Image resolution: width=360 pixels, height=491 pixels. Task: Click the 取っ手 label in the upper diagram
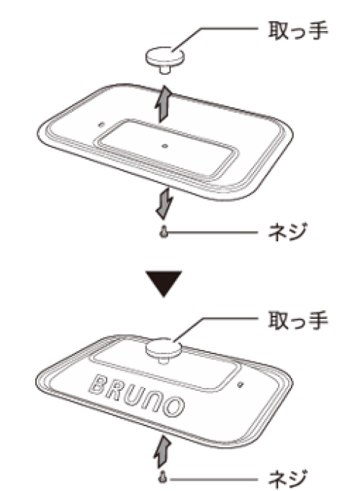coord(298,30)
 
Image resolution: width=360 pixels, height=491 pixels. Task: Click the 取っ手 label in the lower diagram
coord(298,320)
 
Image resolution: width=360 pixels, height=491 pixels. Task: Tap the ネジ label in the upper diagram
coord(288,232)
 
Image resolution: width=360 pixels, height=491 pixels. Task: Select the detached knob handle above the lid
coord(165,60)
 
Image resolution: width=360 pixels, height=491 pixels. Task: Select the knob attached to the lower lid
coord(163,350)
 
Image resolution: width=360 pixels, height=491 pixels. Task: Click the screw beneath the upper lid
coord(163,233)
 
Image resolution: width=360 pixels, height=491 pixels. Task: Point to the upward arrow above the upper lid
coord(163,104)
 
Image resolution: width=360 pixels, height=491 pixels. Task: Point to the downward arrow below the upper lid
coord(164,202)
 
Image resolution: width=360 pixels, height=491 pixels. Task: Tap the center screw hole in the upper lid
coord(165,146)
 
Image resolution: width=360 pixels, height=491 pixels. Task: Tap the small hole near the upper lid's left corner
coord(101,125)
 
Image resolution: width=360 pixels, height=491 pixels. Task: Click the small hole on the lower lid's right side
coord(240,384)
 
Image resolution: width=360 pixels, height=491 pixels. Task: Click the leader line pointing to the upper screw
coord(212,233)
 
